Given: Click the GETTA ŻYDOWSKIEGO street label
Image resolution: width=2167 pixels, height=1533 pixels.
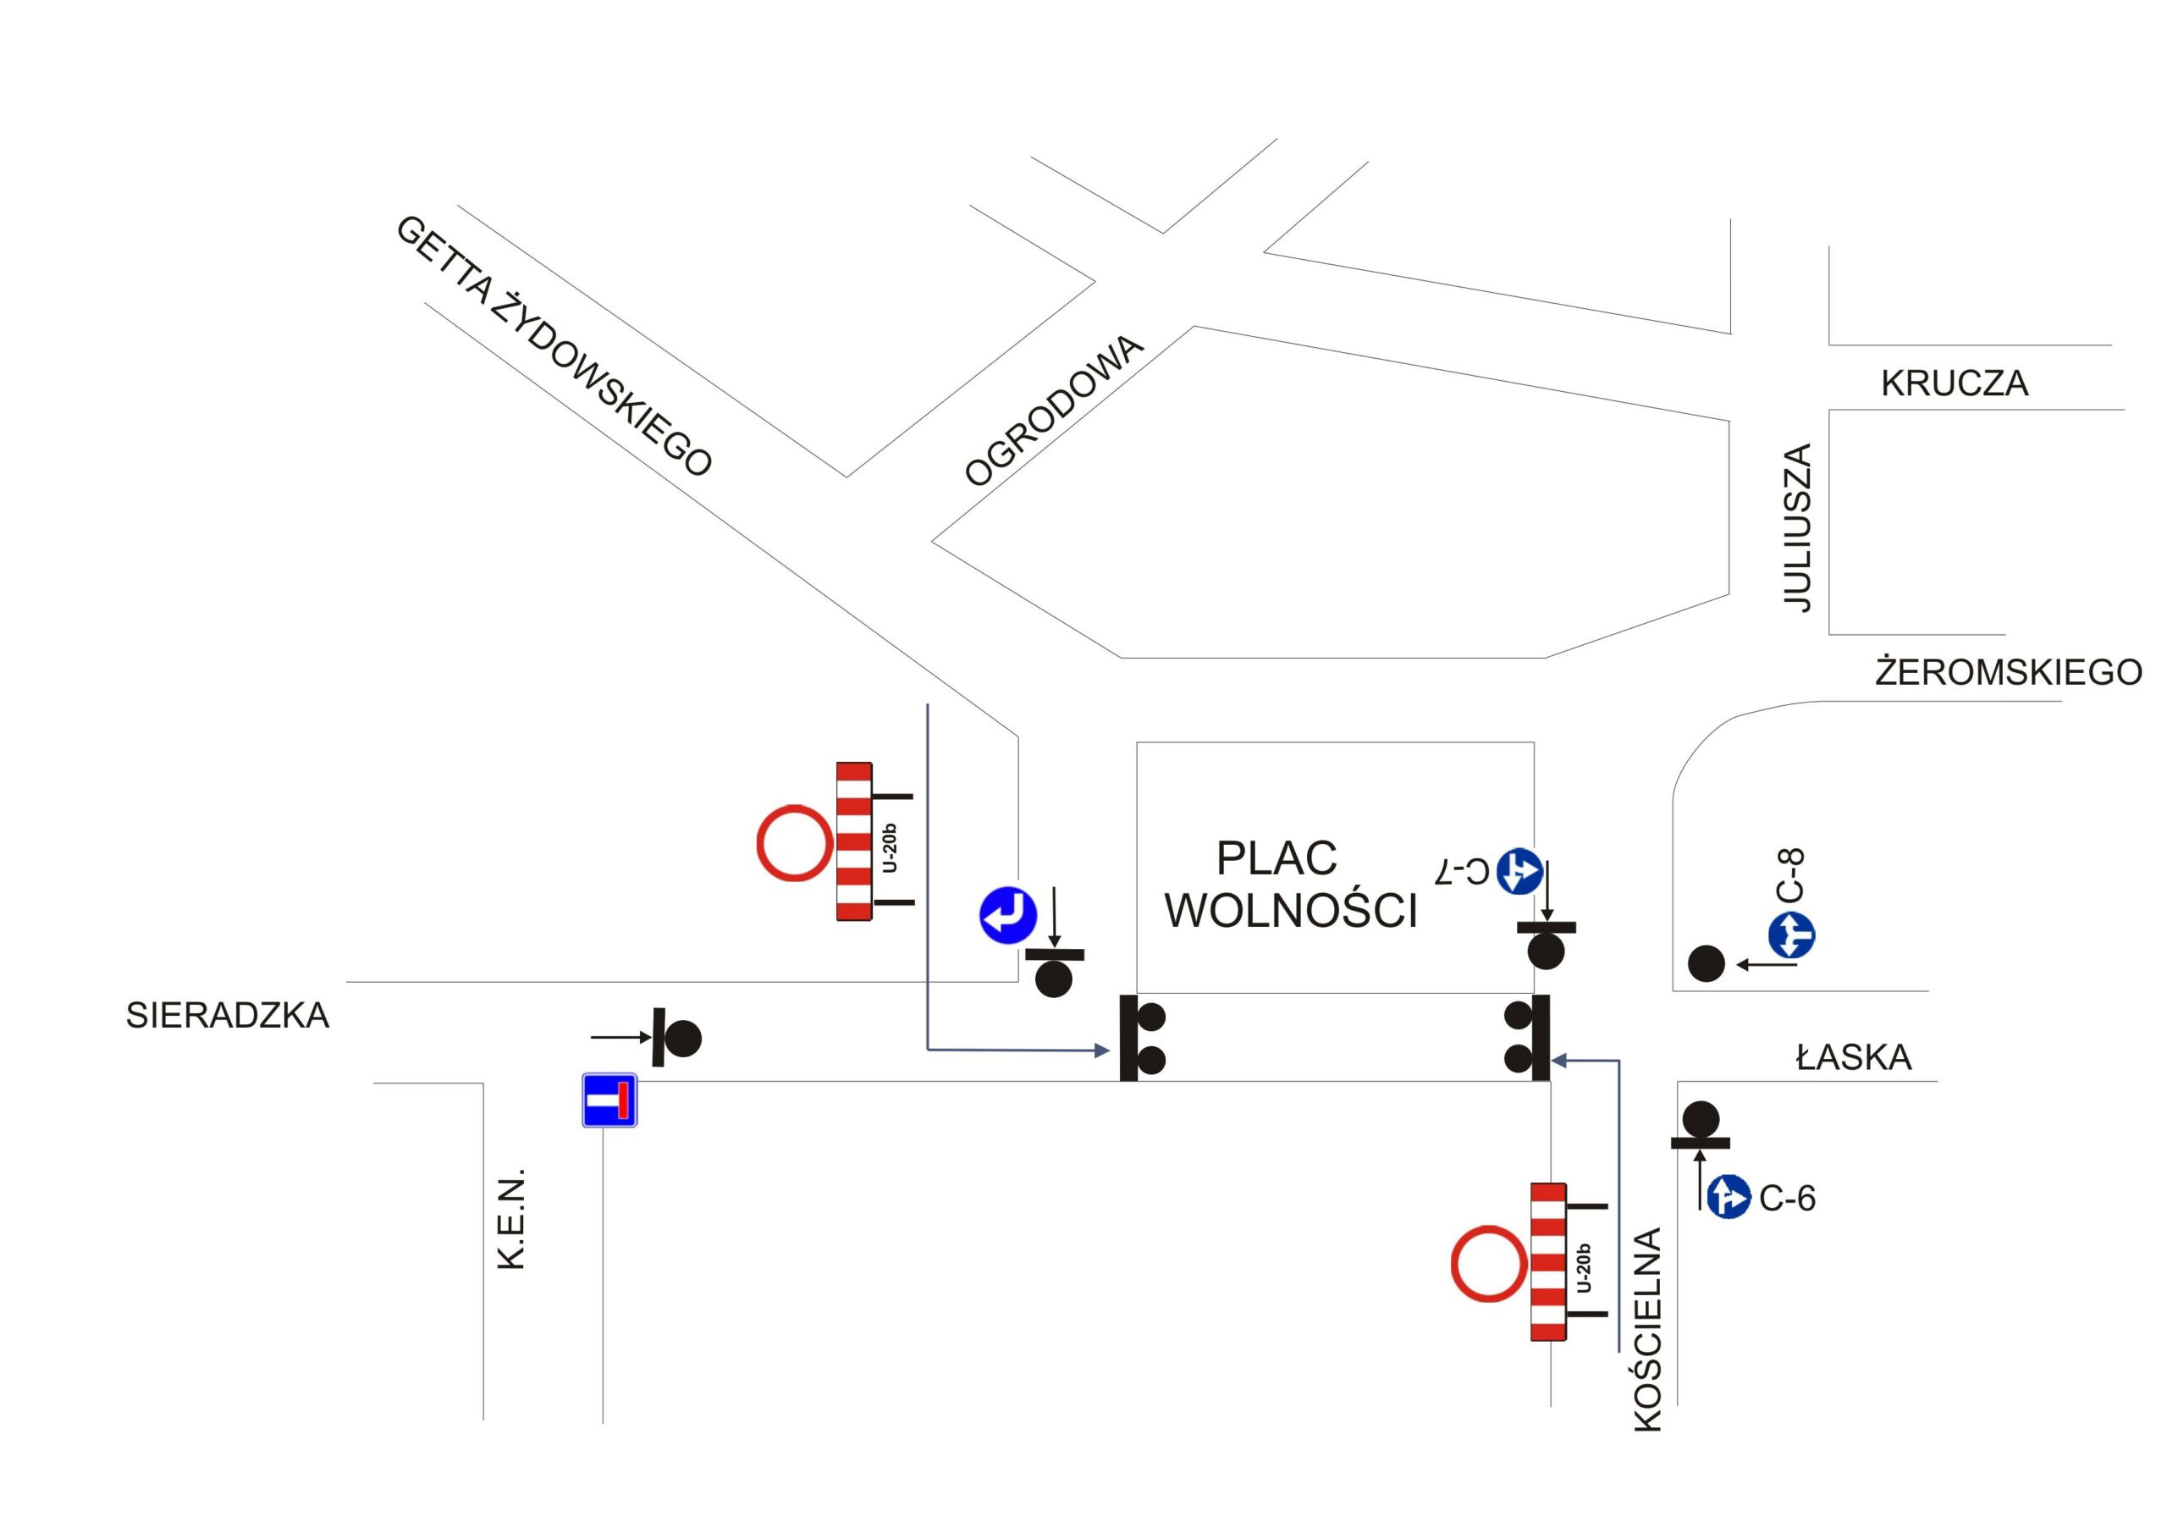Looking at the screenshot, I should point(554,345).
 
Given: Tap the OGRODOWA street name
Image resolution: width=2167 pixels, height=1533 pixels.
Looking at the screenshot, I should point(1053,411).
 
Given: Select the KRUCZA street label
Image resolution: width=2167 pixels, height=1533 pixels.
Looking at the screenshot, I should point(1954,383).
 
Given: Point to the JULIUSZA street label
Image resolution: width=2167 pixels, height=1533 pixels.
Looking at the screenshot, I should point(1798,527).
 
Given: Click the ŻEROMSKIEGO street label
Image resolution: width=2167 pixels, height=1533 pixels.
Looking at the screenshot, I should point(2008,672).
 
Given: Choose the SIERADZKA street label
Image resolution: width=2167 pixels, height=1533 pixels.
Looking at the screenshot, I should point(228,1015).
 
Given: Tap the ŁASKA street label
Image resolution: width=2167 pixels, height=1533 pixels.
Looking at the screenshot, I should point(1853,1057).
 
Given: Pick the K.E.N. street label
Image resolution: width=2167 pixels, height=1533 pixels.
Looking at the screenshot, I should point(510,1219).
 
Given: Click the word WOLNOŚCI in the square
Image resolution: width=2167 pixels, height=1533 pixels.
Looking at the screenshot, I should point(1291,910).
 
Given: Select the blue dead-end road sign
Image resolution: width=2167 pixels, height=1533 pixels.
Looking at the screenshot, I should point(609,1100).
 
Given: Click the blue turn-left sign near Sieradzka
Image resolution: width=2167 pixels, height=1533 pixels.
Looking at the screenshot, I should point(1008,915).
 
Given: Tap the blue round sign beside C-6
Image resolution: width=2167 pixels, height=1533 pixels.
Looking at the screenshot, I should point(1729,1197).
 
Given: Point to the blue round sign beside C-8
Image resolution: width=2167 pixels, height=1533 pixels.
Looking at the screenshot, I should point(1791,936).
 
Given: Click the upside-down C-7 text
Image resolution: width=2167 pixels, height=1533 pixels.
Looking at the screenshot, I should point(1463,871).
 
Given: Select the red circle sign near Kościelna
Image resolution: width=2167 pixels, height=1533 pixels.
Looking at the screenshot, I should point(1488,1265).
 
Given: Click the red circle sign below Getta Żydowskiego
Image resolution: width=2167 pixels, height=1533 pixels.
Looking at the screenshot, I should point(796,843).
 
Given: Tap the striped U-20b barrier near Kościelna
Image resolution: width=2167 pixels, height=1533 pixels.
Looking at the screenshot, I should point(1548,1261).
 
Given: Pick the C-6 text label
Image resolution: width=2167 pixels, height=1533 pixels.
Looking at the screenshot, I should point(1788,1198).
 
